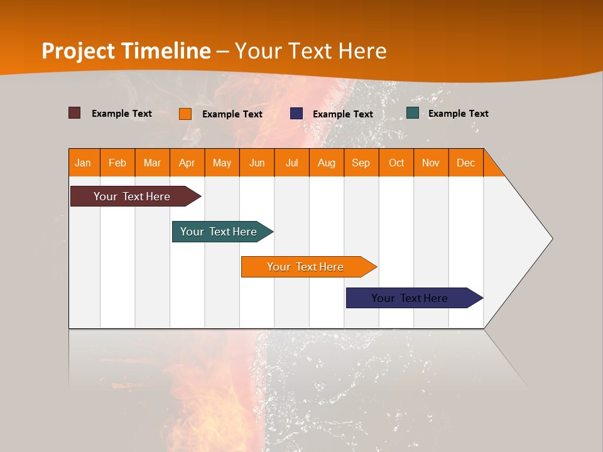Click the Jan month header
coord(84,163)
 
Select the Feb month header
coord(117,163)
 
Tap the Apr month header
coord(187,163)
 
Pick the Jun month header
coord(257,163)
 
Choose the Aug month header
coord(326,163)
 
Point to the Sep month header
coord(361,163)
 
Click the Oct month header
coord(396,163)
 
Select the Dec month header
coord(465,163)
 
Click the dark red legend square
coord(75,113)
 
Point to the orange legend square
coord(185,114)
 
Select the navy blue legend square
coord(296,114)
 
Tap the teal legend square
coord(413,113)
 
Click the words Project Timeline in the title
coord(126,51)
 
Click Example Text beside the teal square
coord(458,113)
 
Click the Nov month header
coord(430,163)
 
